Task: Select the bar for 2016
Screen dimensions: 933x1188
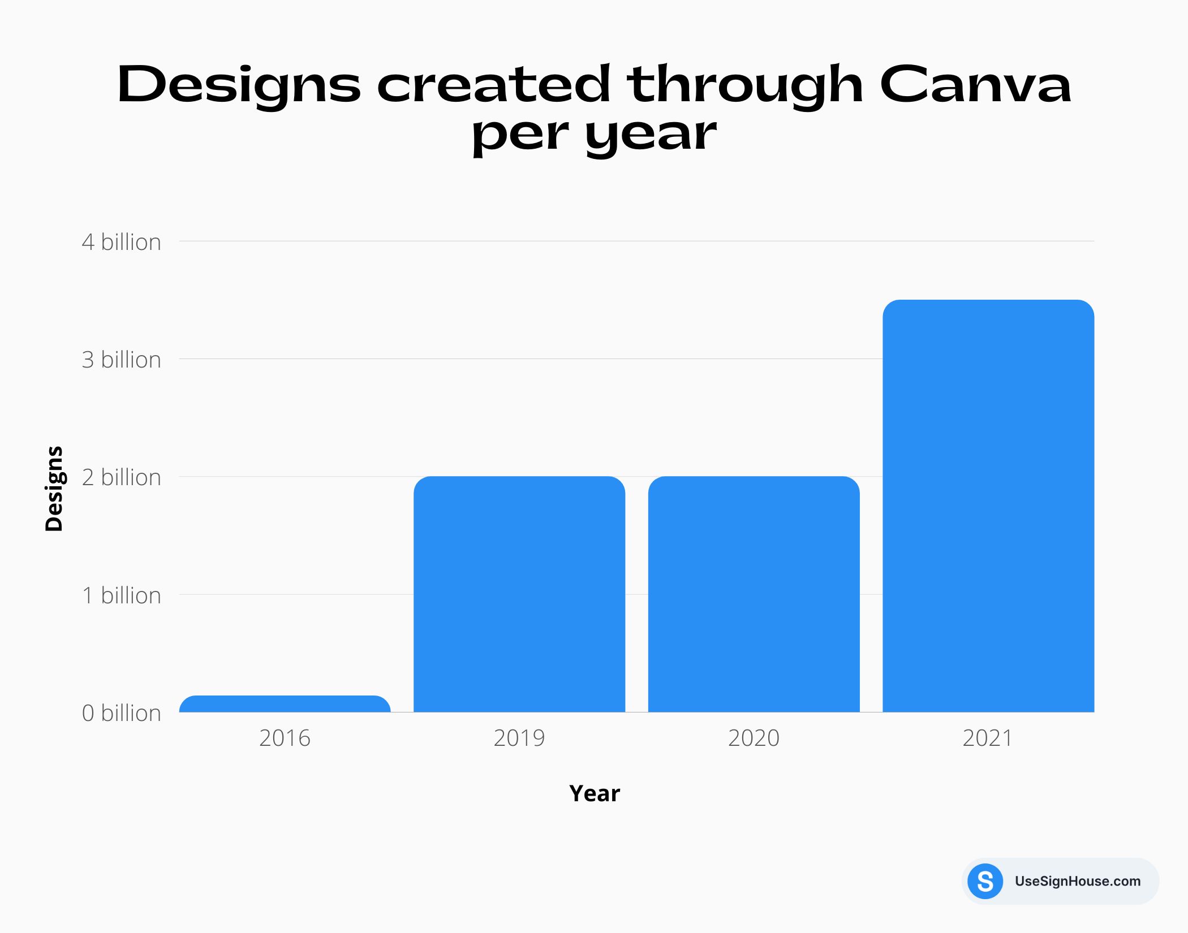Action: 285,704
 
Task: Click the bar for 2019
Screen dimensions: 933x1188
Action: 519,594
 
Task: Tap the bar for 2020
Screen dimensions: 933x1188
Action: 754,594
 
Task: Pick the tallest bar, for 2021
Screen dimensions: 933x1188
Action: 988,506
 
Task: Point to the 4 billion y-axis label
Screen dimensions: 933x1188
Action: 121,242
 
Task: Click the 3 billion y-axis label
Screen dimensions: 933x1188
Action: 121,360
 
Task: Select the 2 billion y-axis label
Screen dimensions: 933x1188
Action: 121,477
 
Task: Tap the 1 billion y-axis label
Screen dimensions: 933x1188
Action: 121,595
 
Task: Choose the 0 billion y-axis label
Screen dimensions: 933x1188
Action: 121,713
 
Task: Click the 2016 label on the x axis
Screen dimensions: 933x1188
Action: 285,738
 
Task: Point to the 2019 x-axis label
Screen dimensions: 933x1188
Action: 519,738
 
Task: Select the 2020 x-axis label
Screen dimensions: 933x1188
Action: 754,738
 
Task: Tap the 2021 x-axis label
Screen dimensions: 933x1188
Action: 988,738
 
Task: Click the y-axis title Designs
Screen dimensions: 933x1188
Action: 54,489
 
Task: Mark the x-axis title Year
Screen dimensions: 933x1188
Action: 594,793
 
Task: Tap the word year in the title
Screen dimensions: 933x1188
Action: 651,136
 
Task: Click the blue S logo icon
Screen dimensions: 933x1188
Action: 985,881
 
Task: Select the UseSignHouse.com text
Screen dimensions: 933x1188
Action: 1077,881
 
